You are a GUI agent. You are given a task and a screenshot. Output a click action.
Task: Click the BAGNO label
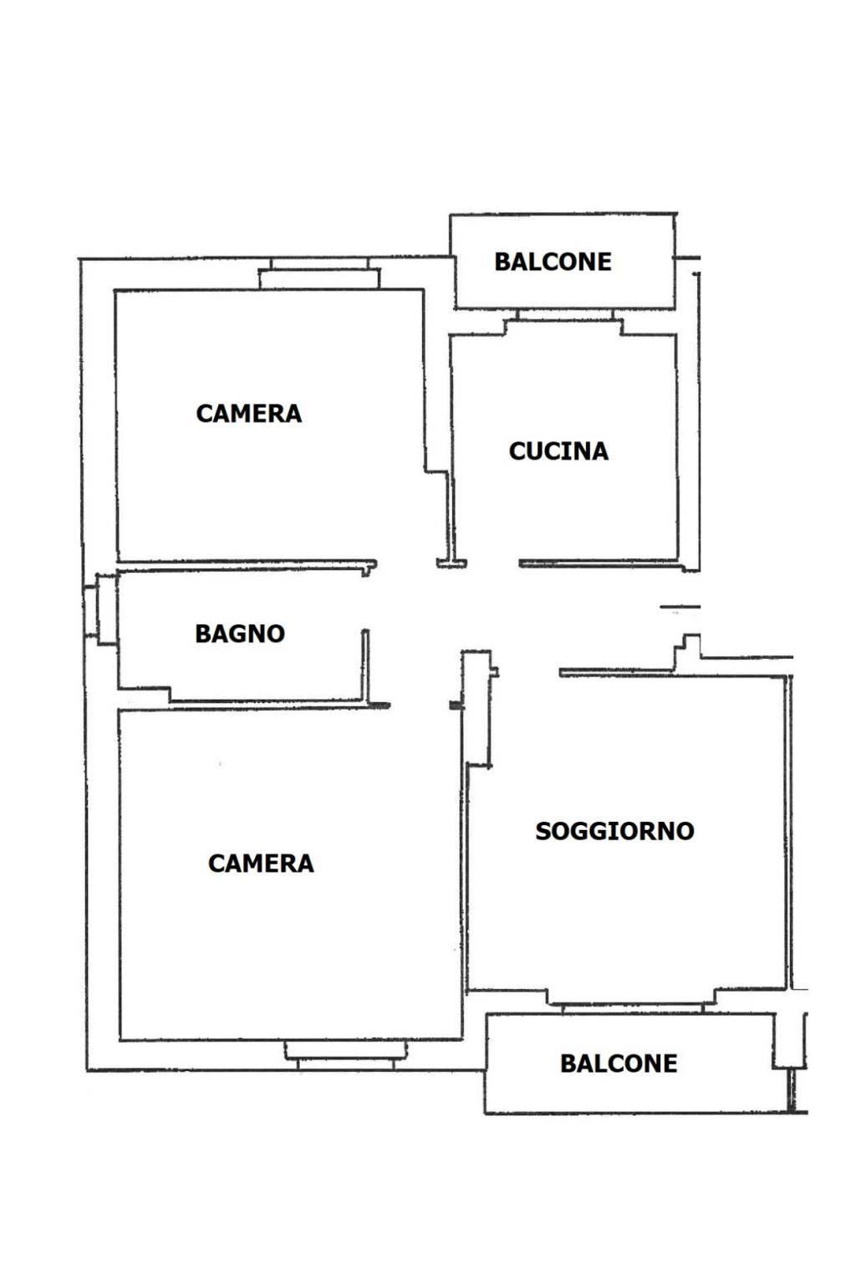[240, 634]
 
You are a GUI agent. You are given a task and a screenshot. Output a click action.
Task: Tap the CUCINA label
[558, 451]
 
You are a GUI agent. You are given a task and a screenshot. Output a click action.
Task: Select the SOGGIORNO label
[614, 831]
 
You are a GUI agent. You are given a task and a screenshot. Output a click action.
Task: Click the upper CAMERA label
[249, 413]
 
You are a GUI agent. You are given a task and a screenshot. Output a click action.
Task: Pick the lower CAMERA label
[261, 864]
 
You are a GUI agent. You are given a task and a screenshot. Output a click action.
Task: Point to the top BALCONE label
[553, 262]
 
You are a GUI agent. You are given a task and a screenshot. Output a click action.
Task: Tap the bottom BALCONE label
[619, 1063]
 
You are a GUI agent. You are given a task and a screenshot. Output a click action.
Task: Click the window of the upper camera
[319, 273]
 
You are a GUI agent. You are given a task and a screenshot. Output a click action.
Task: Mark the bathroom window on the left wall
[100, 610]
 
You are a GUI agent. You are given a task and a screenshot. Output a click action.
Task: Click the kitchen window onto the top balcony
[565, 322]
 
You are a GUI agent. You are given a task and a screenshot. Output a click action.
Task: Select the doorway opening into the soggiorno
[528, 672]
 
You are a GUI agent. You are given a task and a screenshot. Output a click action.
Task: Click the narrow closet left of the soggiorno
[477, 708]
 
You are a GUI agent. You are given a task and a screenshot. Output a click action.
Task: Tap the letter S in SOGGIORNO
[543, 831]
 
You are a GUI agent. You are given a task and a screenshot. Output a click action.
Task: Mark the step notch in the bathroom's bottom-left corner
[145, 694]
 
